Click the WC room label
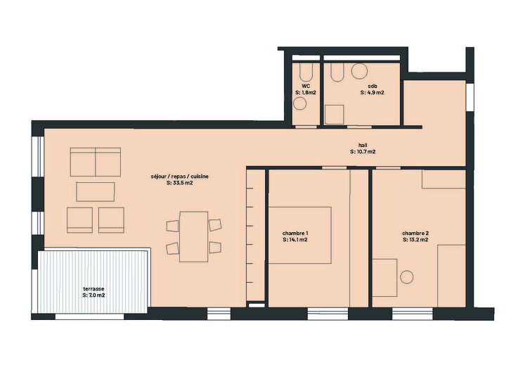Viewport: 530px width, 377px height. click(x=305, y=87)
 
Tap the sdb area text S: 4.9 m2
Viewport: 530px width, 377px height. click(x=373, y=92)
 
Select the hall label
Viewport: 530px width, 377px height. click(x=363, y=146)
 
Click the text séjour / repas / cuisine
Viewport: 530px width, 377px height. click(x=179, y=177)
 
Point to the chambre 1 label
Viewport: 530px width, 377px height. click(x=295, y=234)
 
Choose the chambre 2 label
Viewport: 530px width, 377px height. click(x=415, y=234)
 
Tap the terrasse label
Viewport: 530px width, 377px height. click(x=93, y=289)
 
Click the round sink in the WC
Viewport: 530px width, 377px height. click(x=300, y=103)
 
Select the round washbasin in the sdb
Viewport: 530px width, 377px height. click(x=359, y=71)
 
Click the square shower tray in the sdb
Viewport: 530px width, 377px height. click(x=335, y=115)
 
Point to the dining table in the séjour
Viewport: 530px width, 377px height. click(x=194, y=237)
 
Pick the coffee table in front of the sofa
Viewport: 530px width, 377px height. click(x=96, y=192)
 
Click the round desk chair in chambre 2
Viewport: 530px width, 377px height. click(x=407, y=277)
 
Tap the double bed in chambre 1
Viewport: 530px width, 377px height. click(x=300, y=236)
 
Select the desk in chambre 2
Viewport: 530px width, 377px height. click(x=384, y=278)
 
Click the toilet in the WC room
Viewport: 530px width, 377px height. click(x=306, y=72)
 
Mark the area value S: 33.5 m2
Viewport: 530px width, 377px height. click(x=179, y=183)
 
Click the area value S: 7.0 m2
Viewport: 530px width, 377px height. click(x=93, y=295)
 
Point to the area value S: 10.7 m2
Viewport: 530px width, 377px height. click(x=363, y=152)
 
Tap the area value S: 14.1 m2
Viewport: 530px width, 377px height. click(x=295, y=240)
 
